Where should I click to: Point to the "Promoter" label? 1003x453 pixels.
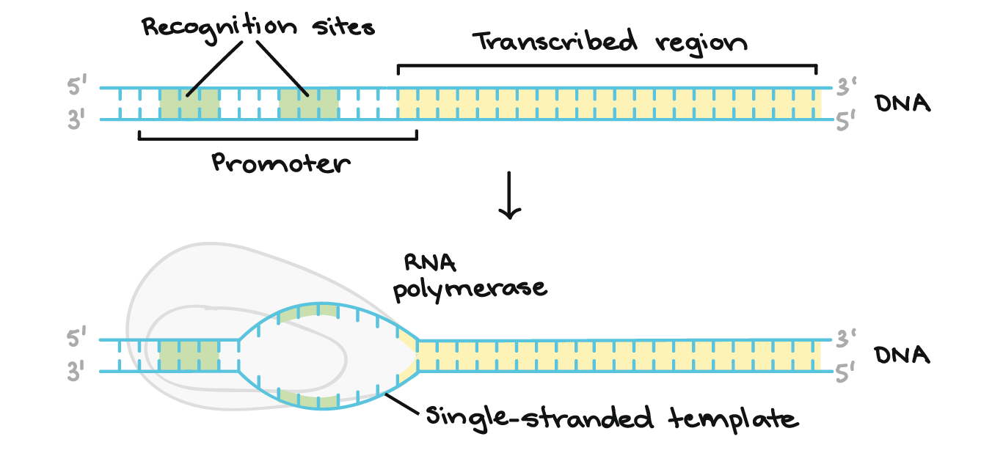(x=281, y=163)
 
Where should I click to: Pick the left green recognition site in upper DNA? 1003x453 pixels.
(x=189, y=104)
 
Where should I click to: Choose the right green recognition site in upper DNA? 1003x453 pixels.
(x=308, y=104)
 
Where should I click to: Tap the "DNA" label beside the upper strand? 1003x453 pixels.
(x=902, y=104)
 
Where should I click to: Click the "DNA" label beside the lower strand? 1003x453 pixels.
(x=902, y=356)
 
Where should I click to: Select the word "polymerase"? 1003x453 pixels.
(x=470, y=289)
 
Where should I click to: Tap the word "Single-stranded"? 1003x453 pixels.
(x=539, y=419)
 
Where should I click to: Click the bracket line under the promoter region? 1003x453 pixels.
(x=277, y=138)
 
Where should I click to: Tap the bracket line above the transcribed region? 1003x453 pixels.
(x=607, y=66)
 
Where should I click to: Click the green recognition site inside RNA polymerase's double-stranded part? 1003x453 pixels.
(x=189, y=356)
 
